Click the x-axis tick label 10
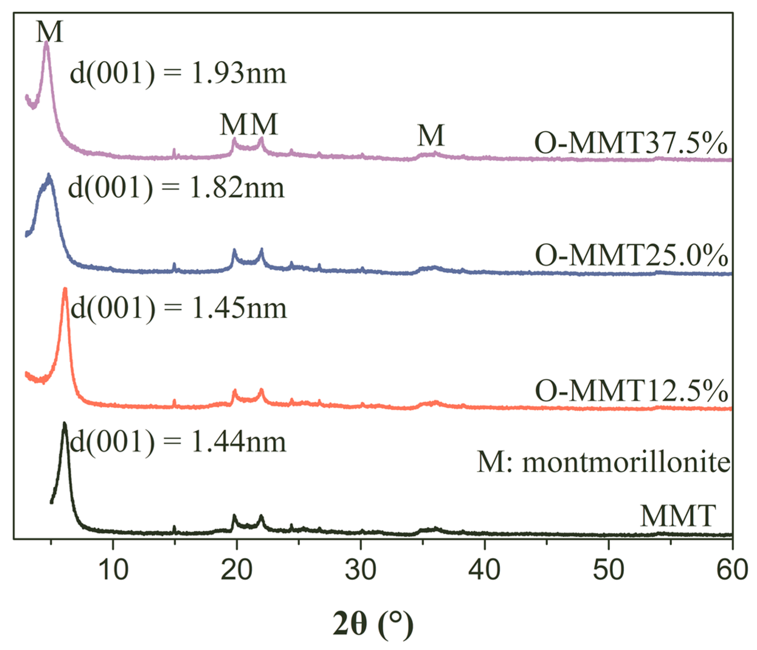tap(114, 570)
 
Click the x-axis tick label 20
tap(237, 570)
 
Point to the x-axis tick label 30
tap(360, 570)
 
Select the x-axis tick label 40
tap(484, 570)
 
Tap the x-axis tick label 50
tap(608, 570)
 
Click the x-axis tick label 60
tap(732, 570)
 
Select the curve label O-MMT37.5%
tap(631, 143)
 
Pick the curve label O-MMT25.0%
tap(631, 255)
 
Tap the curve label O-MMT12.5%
tap(631, 391)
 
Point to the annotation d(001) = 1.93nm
tap(178, 73)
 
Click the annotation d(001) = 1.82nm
tap(176, 188)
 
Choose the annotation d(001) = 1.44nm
tap(178, 442)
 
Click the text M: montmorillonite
tap(604, 462)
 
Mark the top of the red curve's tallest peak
tap(65, 289)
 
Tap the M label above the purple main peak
tap(49, 32)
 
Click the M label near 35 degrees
tap(431, 135)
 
